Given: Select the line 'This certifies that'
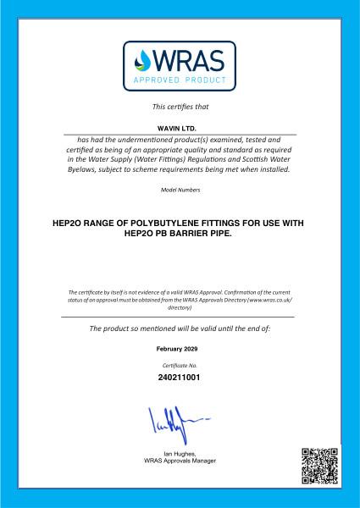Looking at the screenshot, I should click(180, 107).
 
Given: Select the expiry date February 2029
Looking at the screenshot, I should click(180, 349).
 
